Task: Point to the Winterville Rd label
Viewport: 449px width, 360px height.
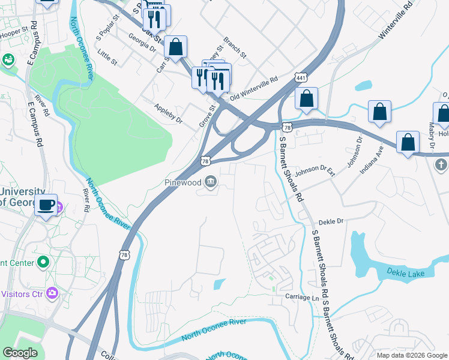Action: (396, 22)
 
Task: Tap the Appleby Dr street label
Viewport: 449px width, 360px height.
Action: (168, 113)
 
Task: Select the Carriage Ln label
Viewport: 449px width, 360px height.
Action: (301, 297)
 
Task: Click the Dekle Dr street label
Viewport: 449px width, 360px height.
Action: (330, 221)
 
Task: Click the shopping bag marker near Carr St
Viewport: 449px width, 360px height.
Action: (176, 47)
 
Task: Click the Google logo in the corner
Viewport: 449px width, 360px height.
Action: (20, 353)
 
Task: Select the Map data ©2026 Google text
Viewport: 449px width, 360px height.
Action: (411, 355)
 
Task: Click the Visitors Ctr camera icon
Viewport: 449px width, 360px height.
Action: (53, 293)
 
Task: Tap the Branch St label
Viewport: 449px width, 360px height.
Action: (235, 49)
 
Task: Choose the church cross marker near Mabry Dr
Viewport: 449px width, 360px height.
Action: (440, 164)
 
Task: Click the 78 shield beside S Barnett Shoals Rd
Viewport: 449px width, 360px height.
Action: (288, 127)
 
